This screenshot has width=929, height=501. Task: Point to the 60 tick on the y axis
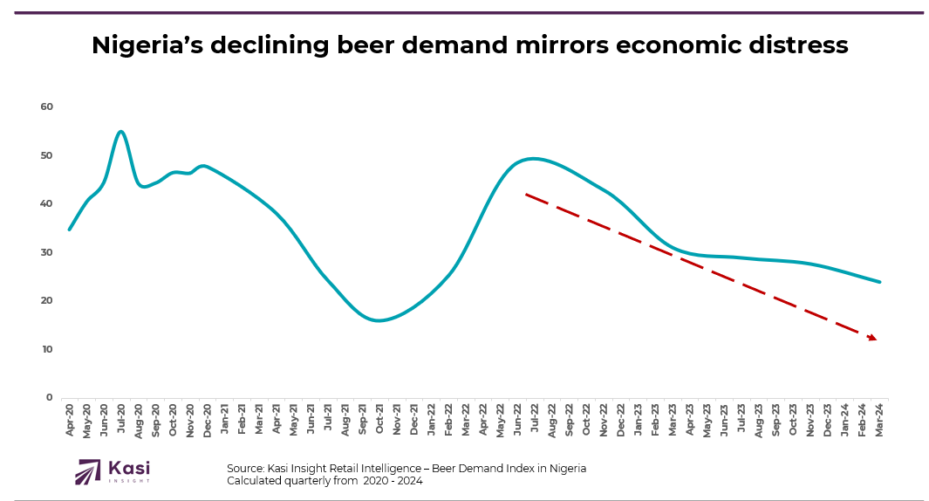pyautogui.click(x=46, y=106)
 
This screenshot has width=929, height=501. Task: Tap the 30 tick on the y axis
pyautogui.click(x=46, y=252)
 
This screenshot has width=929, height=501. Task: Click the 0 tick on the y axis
pyautogui.click(x=50, y=397)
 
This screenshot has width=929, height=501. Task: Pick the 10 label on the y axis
pyautogui.click(x=46, y=349)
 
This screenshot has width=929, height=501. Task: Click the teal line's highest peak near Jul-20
pyautogui.click(x=120, y=132)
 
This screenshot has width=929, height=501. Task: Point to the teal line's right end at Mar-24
pyautogui.click(x=879, y=282)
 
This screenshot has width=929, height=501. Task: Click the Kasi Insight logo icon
pyautogui.click(x=89, y=471)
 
